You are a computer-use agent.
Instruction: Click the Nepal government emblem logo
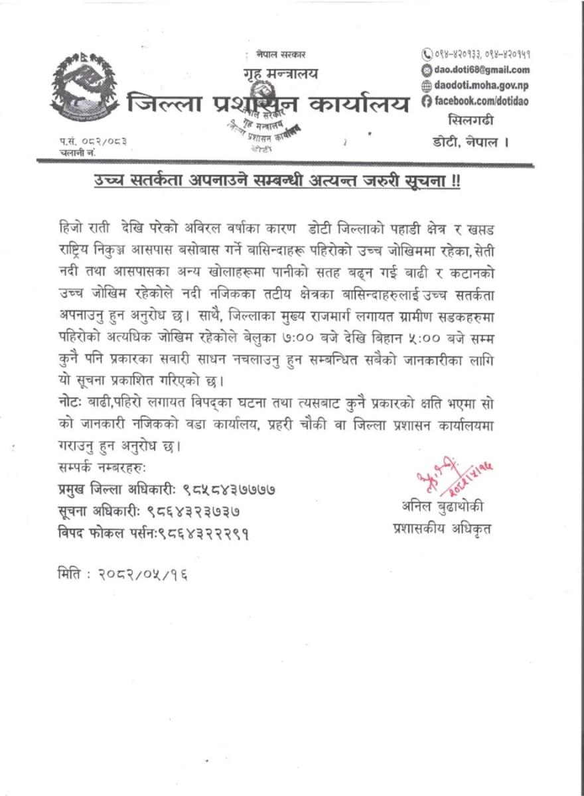click(82, 93)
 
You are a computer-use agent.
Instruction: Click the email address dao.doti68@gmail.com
click(481, 70)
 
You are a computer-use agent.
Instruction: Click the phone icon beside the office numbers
click(427, 54)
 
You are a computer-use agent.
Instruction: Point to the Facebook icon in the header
click(427, 100)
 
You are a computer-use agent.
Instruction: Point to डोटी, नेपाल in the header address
click(469, 141)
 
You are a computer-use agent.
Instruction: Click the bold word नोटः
click(72, 403)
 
